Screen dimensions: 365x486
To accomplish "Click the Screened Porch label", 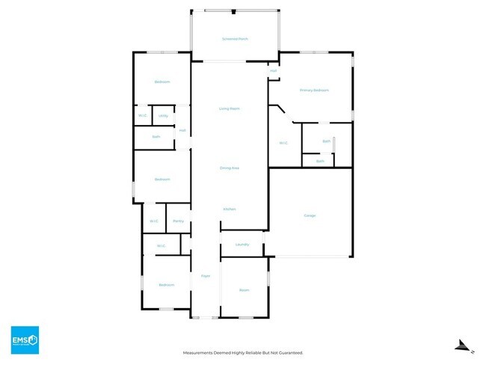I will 234,39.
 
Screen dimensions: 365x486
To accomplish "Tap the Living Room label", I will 229,108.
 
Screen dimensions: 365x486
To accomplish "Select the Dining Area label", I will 229,168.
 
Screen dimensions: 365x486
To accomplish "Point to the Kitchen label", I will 229,209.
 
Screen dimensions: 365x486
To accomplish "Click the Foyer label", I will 206,276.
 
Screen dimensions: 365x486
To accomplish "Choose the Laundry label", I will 242,245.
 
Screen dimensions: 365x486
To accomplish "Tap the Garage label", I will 310,215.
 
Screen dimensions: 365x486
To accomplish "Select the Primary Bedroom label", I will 314,90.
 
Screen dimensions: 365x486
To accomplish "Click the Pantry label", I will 178,221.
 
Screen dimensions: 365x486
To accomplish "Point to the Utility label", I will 163,116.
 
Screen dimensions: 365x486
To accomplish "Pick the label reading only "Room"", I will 244,289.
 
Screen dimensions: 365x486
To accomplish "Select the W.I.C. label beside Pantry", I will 154,221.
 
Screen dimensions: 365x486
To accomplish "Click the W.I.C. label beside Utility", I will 143,116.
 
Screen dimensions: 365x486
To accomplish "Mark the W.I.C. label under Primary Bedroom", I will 283,143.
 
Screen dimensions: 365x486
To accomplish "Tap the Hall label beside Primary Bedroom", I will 274,71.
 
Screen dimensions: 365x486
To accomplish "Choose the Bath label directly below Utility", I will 156,137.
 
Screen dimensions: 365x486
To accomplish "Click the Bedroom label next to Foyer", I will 166,285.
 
